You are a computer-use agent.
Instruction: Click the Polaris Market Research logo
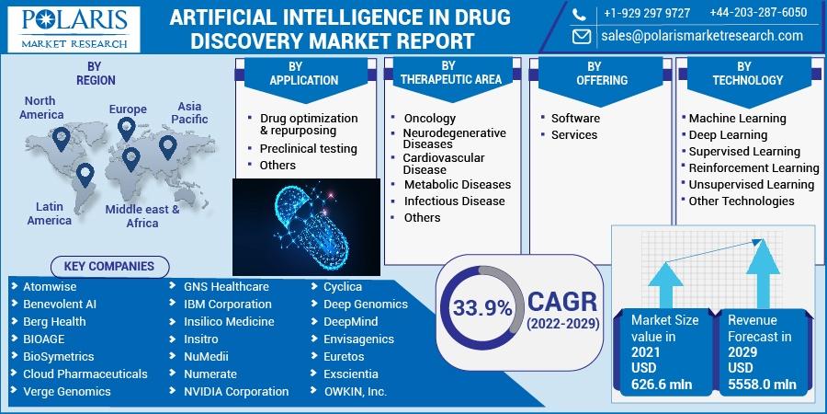coord(74,29)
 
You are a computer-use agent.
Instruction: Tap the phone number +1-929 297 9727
coord(647,14)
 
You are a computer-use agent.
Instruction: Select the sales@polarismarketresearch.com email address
coord(702,36)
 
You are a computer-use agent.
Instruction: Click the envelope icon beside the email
coord(582,37)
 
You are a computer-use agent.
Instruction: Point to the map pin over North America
coord(62,138)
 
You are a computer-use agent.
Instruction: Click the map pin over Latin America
coord(85,175)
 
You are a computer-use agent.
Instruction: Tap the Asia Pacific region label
coord(189,113)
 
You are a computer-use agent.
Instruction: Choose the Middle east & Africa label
coord(142,216)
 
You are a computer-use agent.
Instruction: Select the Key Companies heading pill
coord(109,267)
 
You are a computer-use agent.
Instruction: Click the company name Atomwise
coord(50,287)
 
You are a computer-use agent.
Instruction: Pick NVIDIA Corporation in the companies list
coord(236,392)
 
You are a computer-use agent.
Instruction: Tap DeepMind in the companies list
coord(351,322)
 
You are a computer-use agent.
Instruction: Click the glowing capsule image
coord(306,227)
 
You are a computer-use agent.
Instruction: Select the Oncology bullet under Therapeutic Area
coord(429,119)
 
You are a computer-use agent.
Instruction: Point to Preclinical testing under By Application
coord(309,149)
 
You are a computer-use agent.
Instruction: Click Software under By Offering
coord(575,119)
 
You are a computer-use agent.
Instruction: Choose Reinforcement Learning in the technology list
coord(753,168)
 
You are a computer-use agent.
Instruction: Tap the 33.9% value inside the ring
coord(482,309)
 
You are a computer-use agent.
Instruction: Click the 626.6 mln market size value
coord(662,385)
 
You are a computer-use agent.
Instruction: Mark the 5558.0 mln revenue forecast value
coord(762,385)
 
